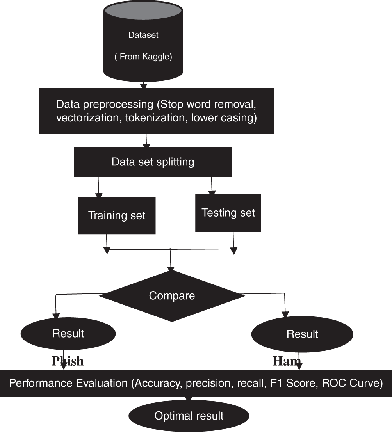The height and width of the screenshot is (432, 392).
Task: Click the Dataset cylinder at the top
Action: [x=143, y=43]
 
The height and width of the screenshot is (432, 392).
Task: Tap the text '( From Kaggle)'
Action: [x=143, y=57]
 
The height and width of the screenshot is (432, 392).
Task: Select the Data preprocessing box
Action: [x=156, y=111]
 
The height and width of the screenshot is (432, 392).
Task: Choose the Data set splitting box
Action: [x=153, y=162]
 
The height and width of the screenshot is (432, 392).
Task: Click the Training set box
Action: [x=116, y=215]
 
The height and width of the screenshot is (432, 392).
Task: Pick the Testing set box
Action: [x=228, y=213]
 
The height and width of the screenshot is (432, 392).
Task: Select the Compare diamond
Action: [x=172, y=295]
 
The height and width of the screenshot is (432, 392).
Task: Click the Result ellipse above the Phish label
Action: [x=68, y=333]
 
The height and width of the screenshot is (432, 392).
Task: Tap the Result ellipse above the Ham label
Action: [x=302, y=334]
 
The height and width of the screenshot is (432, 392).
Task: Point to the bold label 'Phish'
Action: [x=68, y=361]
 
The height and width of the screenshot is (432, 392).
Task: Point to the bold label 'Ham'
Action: [x=286, y=361]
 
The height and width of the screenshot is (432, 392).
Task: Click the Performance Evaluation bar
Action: [x=195, y=383]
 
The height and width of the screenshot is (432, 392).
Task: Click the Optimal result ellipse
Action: [x=189, y=416]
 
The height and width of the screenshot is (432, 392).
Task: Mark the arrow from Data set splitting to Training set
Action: [x=98, y=187]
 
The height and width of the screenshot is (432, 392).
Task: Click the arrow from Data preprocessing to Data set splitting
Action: [x=146, y=140]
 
